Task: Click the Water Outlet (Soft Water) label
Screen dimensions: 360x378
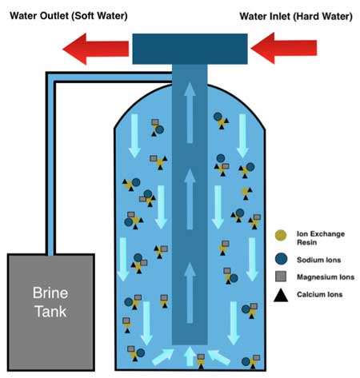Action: point(69,16)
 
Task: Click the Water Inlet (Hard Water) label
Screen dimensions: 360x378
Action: point(296,17)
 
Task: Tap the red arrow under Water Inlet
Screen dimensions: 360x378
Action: point(284,48)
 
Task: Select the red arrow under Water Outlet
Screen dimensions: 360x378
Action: point(96,49)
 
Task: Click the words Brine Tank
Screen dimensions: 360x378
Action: point(50,302)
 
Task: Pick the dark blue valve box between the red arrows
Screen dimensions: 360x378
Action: point(190,49)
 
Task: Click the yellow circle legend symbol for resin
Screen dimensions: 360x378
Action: point(281,236)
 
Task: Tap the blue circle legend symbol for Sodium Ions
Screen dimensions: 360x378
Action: point(281,259)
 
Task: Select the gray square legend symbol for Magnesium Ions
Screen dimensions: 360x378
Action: point(281,277)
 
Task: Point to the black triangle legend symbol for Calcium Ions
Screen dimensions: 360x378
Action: point(281,295)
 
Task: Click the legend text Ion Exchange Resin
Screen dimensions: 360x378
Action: point(321,238)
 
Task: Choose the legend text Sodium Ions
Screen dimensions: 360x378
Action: point(319,260)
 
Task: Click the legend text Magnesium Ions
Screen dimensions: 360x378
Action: point(326,277)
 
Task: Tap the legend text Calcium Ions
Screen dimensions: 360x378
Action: point(319,294)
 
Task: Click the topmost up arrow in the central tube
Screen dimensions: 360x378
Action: point(190,113)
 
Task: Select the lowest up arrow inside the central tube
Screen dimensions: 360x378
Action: point(190,292)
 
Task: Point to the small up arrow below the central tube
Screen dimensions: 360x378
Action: point(190,356)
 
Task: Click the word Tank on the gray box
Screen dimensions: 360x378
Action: point(50,312)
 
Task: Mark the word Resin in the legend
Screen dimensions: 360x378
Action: point(307,242)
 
